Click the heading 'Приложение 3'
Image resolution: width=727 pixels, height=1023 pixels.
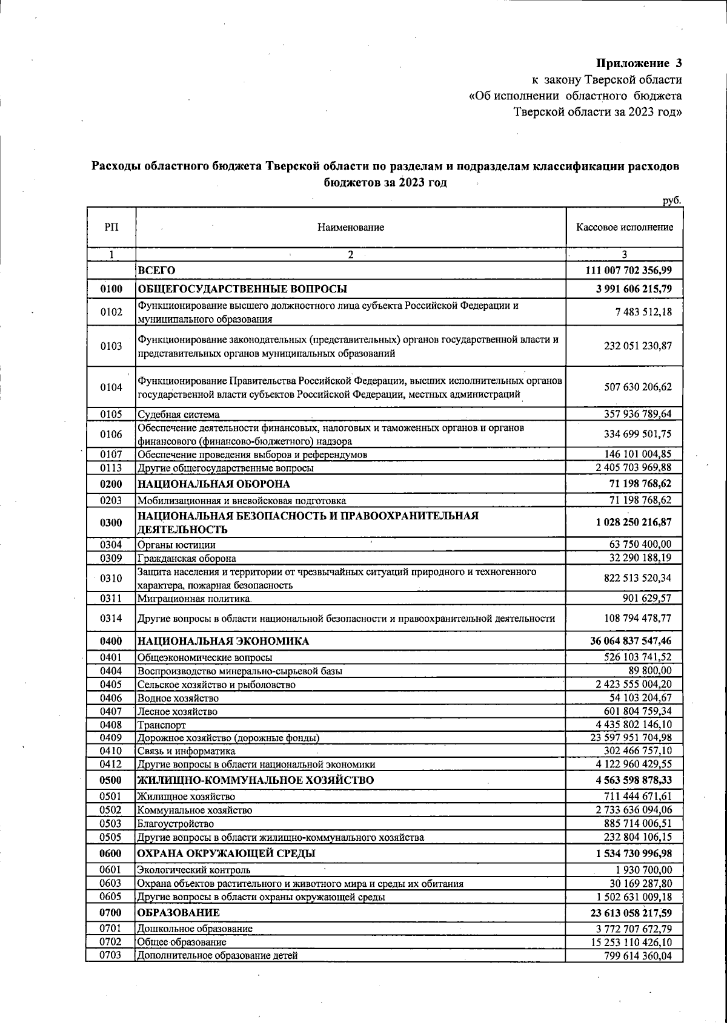(x=639, y=63)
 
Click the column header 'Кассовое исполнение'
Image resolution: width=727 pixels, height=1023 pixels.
(x=624, y=228)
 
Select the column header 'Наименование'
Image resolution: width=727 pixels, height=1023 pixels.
(x=350, y=228)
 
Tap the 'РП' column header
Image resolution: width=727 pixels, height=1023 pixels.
(x=111, y=228)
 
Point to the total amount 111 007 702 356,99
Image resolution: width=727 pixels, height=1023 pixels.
(x=628, y=270)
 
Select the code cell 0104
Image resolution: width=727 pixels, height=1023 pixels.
(x=111, y=387)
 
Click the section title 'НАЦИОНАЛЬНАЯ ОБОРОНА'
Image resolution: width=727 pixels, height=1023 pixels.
(x=213, y=484)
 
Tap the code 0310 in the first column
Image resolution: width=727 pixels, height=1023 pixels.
(x=111, y=579)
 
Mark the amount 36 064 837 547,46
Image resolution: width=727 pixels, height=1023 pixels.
(x=631, y=641)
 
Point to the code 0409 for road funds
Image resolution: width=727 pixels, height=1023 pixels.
(x=111, y=738)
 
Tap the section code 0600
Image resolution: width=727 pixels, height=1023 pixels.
(x=111, y=854)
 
